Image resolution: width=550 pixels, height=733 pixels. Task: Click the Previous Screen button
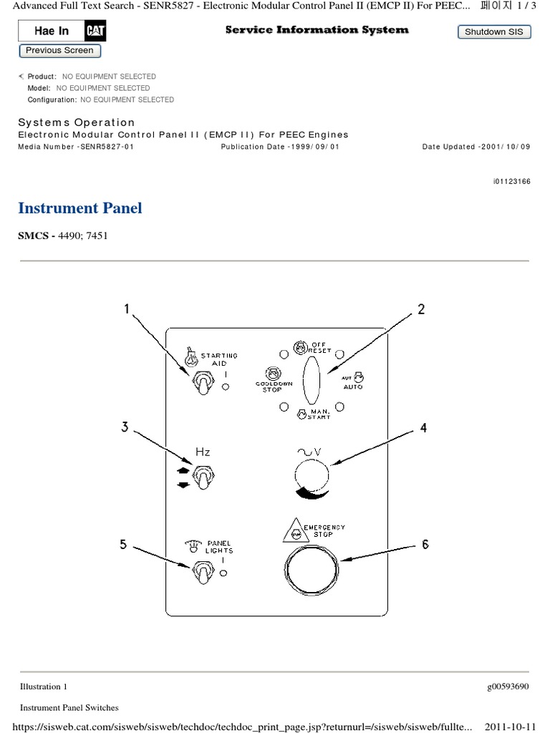(59, 51)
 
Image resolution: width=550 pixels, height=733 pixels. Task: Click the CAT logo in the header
(96, 31)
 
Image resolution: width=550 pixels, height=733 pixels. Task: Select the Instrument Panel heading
(79, 208)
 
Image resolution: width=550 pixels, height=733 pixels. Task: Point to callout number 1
(127, 309)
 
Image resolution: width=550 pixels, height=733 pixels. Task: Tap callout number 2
(421, 309)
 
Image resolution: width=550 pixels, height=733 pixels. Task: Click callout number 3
(125, 427)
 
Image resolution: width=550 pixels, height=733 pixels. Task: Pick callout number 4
(423, 428)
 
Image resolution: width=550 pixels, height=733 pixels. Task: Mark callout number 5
(123, 545)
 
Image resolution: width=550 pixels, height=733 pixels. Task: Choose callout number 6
(425, 544)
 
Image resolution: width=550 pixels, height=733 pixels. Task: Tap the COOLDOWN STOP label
(272, 387)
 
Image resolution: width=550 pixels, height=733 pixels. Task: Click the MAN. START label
(319, 414)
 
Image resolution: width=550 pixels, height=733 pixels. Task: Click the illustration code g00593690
(508, 686)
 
